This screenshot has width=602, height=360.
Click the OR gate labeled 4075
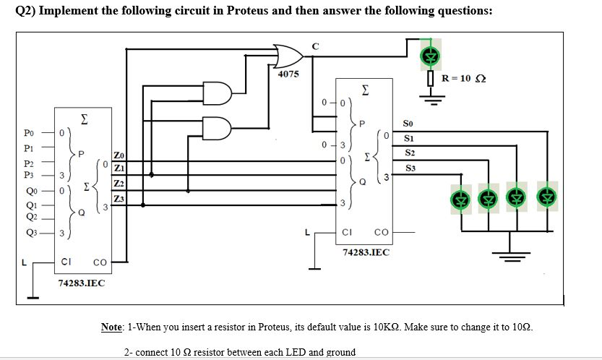[x=288, y=55]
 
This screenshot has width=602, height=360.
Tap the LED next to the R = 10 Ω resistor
[x=431, y=55]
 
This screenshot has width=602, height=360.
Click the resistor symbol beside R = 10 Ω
[x=431, y=79]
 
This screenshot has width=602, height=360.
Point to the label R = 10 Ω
[x=464, y=78]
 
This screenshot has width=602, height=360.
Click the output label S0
[x=410, y=123]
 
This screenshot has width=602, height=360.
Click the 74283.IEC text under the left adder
[x=81, y=283]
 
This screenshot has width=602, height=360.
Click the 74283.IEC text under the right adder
[x=366, y=252]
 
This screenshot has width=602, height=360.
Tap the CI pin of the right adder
[x=347, y=232]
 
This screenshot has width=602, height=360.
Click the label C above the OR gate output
[x=314, y=46]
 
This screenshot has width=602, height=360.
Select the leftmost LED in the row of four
[x=459, y=197]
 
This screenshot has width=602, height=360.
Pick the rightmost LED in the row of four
[x=546, y=197]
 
